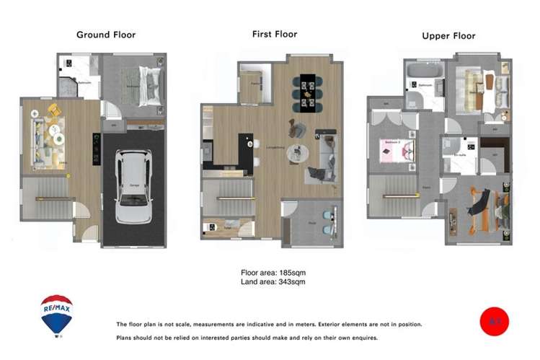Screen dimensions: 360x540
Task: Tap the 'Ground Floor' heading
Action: click(106, 35)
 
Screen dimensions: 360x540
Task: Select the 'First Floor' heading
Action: click(274, 34)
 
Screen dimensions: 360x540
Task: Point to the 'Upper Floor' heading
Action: click(449, 35)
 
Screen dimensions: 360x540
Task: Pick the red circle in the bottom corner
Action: click(494, 322)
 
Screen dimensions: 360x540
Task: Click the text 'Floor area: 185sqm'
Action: click(273, 273)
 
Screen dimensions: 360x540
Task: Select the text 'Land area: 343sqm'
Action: click(273, 282)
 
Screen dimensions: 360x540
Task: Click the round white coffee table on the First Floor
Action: click(297, 154)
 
